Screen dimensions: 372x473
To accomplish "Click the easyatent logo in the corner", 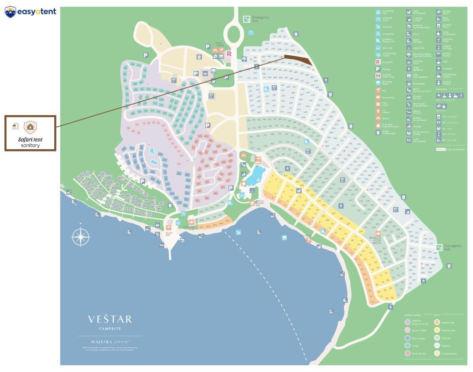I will (x=30, y=12).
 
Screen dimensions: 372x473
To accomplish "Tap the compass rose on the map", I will (x=80, y=237).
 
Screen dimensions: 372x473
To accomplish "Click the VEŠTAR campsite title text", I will (x=109, y=319).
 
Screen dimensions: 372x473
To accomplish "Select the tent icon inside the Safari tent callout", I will (x=31, y=127).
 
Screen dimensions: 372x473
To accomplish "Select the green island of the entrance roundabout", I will (x=234, y=34).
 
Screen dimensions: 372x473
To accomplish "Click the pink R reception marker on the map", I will (x=229, y=54).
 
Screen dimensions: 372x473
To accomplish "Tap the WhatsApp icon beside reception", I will (x=215, y=56).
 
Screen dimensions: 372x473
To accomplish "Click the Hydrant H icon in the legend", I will (x=378, y=76).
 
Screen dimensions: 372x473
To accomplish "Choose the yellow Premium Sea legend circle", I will (x=437, y=330).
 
